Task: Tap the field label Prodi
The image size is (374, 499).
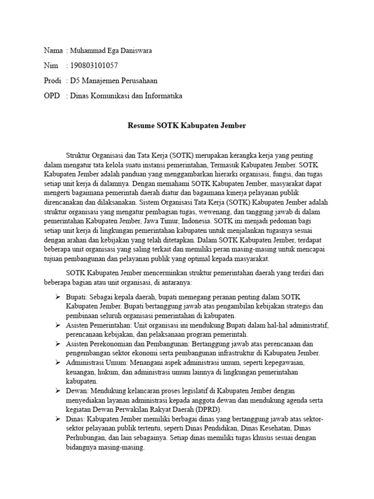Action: click(53, 80)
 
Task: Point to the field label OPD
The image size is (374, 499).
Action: click(52, 96)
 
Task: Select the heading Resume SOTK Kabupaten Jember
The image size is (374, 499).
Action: click(187, 126)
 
